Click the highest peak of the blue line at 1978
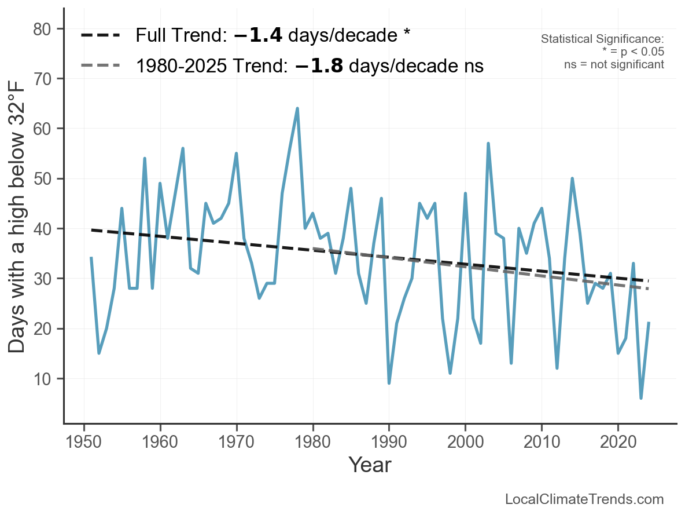pos(297,108)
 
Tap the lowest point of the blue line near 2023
pos(641,398)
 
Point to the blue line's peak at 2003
pos(488,143)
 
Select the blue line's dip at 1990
pos(389,383)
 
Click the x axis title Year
pos(370,465)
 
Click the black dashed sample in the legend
pos(101,36)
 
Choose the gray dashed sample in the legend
pos(101,65)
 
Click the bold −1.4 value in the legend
pos(258,36)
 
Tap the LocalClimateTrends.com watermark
pos(584,499)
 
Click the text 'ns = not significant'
pos(614,64)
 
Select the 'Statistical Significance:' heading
pos(602,39)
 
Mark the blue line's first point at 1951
pos(91,258)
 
